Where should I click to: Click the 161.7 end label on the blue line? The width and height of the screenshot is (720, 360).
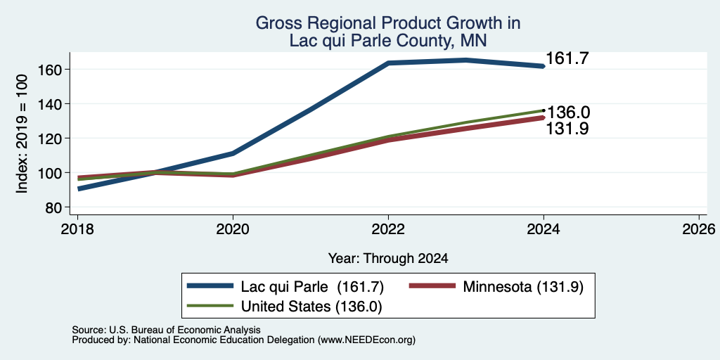point(567,58)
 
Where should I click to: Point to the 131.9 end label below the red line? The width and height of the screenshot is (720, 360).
point(567,129)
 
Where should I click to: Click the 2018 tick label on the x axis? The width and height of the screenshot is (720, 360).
point(77,229)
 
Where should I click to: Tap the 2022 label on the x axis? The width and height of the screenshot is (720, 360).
point(388,229)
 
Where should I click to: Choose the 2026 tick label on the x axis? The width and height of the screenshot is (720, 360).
point(699,229)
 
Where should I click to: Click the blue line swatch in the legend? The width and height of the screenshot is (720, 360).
point(211,286)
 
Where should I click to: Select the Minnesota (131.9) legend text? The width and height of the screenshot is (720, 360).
point(523,287)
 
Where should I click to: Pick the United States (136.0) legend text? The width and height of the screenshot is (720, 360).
point(311,307)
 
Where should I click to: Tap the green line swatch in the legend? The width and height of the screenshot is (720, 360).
point(211,306)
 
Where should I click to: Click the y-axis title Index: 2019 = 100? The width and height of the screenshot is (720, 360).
point(22,134)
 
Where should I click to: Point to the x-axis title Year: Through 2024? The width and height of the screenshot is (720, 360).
point(388,259)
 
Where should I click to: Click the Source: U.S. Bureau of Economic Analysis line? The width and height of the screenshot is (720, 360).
point(166,330)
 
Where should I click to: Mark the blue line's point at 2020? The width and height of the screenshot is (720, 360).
point(233,153)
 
